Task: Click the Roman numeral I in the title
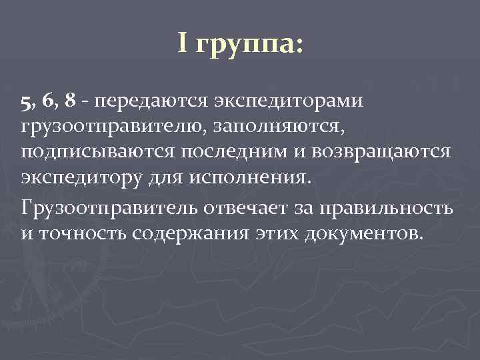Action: pos(183,44)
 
